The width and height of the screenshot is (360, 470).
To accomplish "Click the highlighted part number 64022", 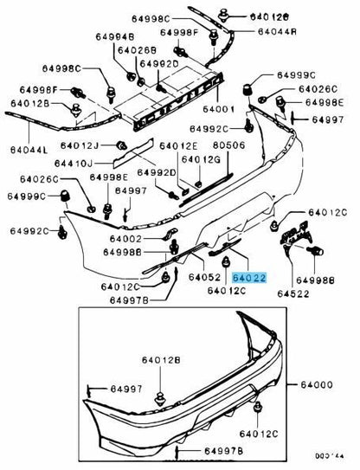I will point(249,278).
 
